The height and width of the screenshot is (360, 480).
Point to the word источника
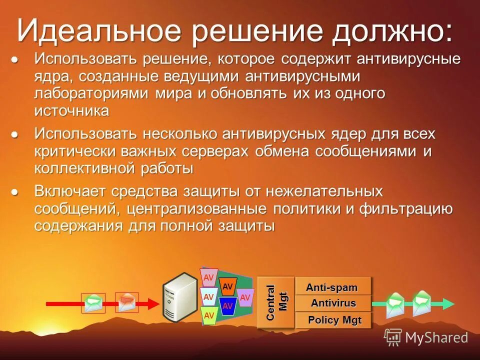pyautogui.click(x=71, y=111)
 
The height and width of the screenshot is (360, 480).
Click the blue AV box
pyautogui.click(x=227, y=305)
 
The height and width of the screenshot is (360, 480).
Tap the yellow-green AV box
pyautogui.click(x=209, y=315)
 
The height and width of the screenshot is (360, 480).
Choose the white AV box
pyautogui.click(x=209, y=297)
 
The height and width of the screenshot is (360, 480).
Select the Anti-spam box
pyautogui.click(x=333, y=287)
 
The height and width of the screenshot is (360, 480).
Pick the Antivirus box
pyautogui.click(x=333, y=303)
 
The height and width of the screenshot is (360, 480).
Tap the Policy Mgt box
pyautogui.click(x=334, y=320)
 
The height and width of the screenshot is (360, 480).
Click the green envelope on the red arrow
pyautogui.click(x=93, y=303)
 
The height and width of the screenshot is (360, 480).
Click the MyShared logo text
pyautogui.click(x=436, y=337)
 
